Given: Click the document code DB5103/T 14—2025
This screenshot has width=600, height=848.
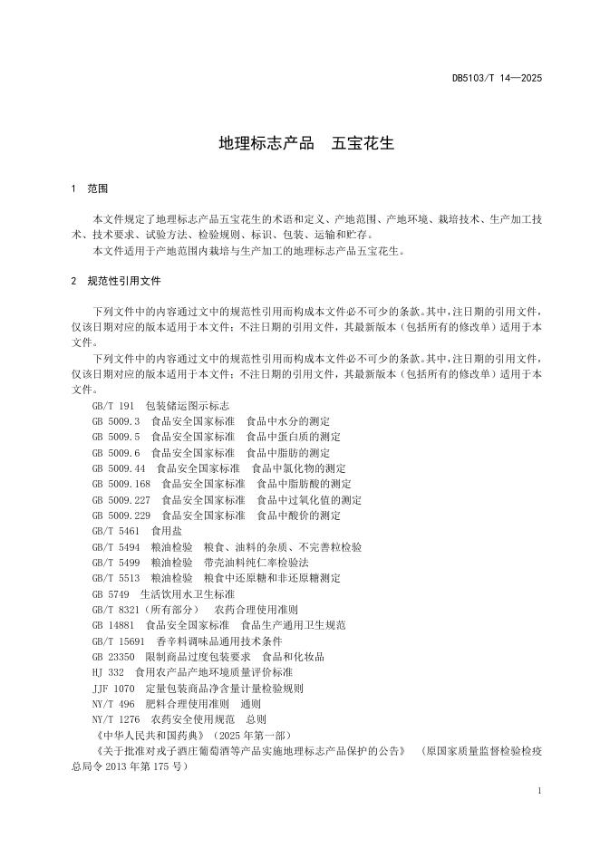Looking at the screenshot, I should click(497, 79).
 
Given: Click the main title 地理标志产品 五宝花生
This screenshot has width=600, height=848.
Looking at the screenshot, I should click(300, 143).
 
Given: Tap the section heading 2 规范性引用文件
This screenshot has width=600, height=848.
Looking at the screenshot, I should click(116, 281).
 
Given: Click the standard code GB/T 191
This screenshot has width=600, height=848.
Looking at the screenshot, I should click(113, 405).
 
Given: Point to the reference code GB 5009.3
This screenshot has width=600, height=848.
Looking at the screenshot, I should click(116, 421).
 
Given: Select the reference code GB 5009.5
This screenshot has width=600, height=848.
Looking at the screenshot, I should click(116, 437).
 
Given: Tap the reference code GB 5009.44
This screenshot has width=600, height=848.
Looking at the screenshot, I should click(119, 468).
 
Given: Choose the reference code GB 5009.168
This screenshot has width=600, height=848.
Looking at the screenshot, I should click(121, 484).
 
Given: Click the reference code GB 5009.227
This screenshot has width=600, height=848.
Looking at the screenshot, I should click(121, 500).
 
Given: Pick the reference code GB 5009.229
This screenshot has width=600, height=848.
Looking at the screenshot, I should click(121, 516).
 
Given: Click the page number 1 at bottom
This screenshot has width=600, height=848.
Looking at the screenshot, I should click(539, 791).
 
